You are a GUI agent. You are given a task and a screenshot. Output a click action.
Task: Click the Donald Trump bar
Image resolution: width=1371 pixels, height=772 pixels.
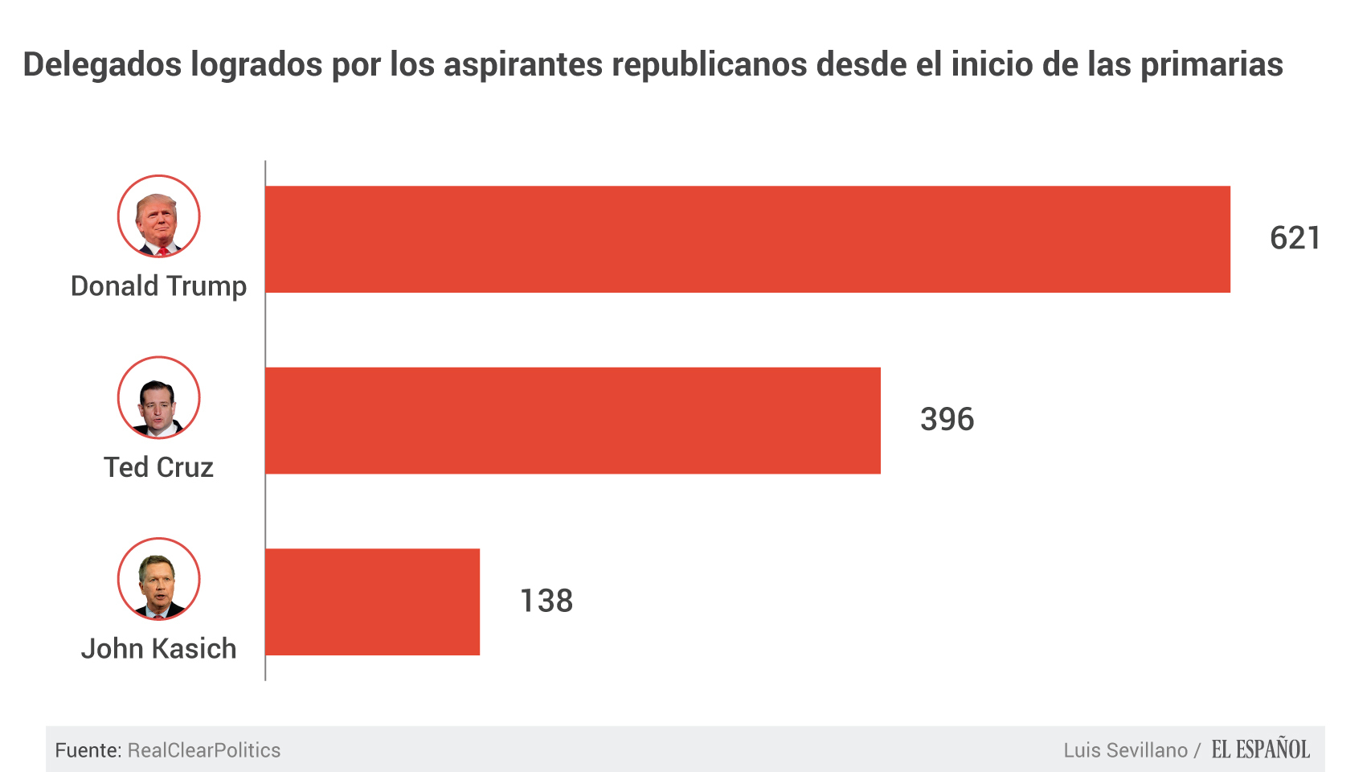747,239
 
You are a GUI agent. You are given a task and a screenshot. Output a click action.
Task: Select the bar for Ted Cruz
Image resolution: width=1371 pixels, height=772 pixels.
572,421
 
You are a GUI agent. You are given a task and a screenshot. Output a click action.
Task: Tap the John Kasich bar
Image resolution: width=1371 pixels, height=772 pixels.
372,602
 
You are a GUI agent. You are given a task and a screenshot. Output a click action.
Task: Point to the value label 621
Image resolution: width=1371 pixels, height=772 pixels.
1295,238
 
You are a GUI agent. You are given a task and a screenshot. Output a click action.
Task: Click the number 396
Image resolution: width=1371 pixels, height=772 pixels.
947,420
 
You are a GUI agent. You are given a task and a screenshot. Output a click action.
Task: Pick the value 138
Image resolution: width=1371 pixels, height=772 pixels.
546,601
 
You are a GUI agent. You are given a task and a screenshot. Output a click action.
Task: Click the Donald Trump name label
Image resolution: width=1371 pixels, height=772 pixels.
158,286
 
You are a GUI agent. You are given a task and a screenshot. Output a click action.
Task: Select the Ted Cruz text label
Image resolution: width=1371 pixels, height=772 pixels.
158,467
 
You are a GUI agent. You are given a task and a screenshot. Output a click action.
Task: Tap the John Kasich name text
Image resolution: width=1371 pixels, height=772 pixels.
158,649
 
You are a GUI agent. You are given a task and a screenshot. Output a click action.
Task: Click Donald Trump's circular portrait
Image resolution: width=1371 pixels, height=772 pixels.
158,216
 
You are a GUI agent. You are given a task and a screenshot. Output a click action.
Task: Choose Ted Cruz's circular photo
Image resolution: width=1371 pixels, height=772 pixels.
158,397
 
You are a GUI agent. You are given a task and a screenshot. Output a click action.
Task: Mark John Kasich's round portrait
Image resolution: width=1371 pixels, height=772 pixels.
158,578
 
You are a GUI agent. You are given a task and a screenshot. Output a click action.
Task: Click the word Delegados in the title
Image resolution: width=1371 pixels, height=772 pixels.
102,64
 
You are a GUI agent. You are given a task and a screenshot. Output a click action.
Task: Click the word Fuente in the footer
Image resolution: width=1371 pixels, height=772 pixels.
87,750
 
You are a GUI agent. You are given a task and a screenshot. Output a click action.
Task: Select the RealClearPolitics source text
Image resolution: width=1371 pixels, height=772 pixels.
204,750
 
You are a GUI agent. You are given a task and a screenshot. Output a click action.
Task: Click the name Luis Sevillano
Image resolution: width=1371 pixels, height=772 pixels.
1125,750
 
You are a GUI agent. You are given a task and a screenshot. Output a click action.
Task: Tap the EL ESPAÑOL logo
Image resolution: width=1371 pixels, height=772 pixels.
1260,749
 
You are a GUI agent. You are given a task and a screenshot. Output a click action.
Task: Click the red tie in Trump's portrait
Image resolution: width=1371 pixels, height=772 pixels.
162,251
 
